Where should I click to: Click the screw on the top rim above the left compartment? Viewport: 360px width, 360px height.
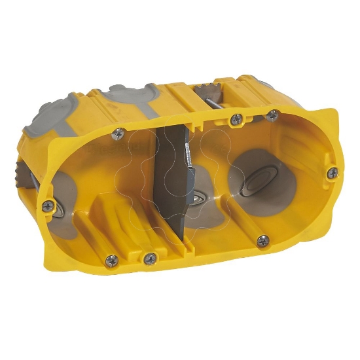(x=118, y=134)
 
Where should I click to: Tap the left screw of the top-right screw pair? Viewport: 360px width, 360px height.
(x=236, y=119)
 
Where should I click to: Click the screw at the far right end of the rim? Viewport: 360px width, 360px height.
(x=333, y=173)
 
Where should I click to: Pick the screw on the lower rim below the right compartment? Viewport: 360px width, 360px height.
(x=262, y=241)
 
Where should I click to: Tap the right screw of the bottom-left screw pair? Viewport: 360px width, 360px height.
(x=151, y=259)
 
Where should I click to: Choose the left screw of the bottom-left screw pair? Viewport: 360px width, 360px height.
(x=112, y=260)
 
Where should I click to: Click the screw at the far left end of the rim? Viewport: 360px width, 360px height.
(x=47, y=206)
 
